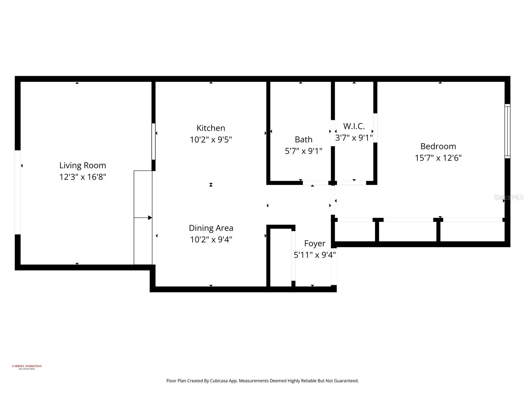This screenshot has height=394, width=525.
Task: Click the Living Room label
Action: (83, 165)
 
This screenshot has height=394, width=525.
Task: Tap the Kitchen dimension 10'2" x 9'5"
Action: (211, 140)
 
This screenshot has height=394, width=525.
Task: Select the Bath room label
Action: (304, 140)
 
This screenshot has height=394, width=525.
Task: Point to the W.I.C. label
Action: (354, 126)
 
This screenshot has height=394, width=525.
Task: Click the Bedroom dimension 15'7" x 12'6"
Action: (438, 158)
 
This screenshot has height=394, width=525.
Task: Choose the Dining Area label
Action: (211, 228)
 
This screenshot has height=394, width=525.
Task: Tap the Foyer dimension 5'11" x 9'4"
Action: (315, 255)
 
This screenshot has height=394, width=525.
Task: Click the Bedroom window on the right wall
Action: (507, 131)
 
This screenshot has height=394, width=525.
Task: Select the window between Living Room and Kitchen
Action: (153, 142)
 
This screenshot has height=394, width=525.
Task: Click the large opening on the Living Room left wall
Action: (18, 192)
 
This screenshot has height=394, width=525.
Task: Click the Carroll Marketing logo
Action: (27, 367)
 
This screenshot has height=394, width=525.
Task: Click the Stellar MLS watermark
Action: (509, 197)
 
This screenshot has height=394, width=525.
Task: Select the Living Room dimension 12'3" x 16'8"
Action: (83, 177)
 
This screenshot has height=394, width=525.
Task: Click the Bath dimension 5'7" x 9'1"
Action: (304, 151)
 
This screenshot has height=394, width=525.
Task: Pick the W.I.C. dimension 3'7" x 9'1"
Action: (354, 138)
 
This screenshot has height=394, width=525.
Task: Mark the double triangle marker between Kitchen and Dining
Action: (211, 185)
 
